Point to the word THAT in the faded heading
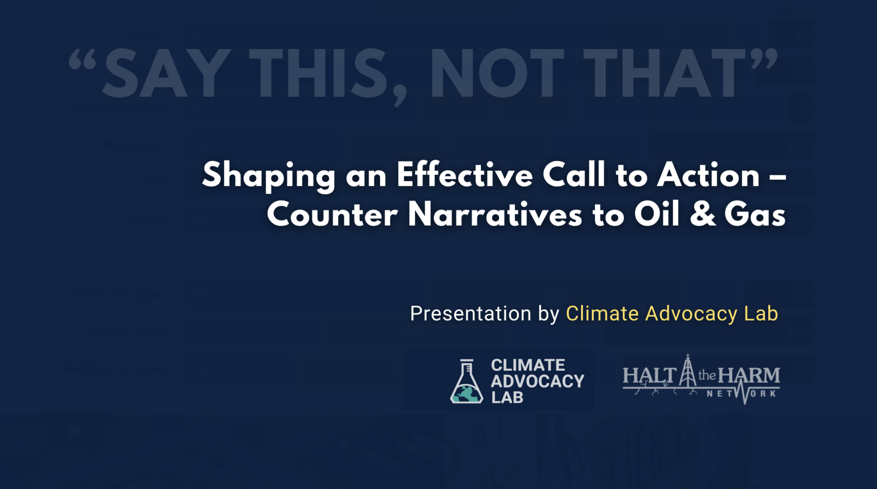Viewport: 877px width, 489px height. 665,73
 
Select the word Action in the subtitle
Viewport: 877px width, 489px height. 708,174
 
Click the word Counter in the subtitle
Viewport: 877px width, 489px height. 332,214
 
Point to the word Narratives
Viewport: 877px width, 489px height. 495,214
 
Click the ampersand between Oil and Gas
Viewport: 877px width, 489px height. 703,214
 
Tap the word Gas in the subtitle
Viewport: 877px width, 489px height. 755,214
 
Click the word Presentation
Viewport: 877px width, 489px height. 471,314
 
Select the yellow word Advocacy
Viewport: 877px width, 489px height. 691,314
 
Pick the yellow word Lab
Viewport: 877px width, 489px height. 761,314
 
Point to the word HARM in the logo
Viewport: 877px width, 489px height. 749,376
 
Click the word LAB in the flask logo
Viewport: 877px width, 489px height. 507,398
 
